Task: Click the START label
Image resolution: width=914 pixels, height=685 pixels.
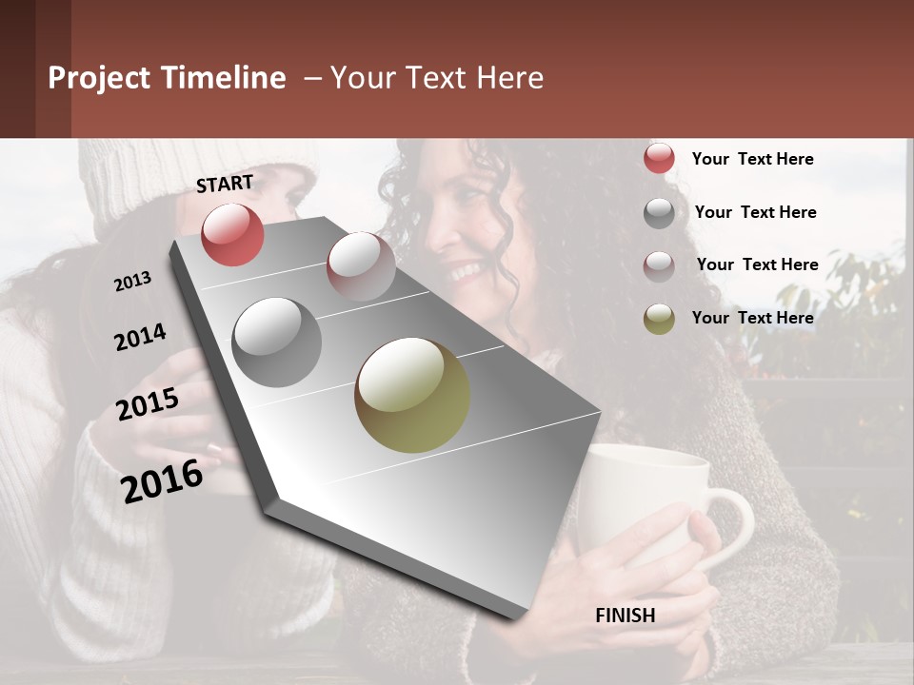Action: click(225, 184)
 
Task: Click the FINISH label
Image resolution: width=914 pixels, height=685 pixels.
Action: click(625, 616)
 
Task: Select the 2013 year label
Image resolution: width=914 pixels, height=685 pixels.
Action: click(132, 282)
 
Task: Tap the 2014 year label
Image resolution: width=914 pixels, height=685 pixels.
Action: click(140, 337)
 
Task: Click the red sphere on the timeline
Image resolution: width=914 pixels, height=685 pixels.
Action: click(232, 234)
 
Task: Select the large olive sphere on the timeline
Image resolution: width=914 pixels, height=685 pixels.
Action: click(412, 395)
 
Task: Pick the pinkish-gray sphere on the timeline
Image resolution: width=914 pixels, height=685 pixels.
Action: click(361, 266)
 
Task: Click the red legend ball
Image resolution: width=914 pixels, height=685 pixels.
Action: click(659, 159)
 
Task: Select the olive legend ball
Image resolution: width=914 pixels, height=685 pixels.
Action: click(659, 318)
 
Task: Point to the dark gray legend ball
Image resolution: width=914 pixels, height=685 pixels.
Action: click(659, 212)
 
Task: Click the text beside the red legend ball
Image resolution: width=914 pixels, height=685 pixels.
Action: click(752, 159)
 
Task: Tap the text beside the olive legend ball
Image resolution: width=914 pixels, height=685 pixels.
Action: click(752, 318)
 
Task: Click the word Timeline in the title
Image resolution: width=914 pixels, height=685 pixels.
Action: click(225, 78)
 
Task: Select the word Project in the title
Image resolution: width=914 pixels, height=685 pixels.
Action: click(98, 78)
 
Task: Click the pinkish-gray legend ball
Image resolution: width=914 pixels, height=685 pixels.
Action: click(659, 265)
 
